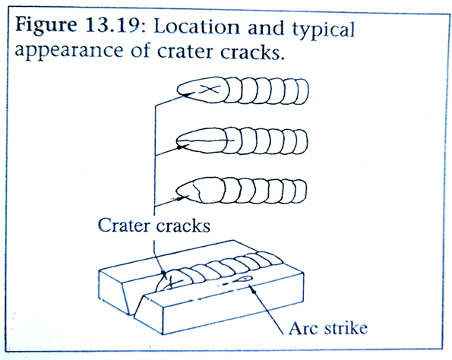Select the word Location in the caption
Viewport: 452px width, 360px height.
[197, 27]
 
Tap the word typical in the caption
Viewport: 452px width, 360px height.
[323, 30]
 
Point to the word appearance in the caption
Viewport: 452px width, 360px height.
[69, 51]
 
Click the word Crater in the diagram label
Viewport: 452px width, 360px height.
[124, 225]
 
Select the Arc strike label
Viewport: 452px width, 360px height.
[328, 328]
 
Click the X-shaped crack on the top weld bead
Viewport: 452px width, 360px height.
[210, 90]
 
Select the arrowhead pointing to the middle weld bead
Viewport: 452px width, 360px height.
[181, 147]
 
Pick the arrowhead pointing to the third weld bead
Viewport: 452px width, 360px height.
[181, 198]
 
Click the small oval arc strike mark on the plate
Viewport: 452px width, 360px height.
[244, 279]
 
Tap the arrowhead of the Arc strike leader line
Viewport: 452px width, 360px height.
[254, 291]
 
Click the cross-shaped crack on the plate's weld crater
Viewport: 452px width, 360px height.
[173, 282]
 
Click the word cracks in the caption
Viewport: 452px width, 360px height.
[250, 52]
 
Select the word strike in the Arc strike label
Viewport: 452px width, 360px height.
[346, 328]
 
